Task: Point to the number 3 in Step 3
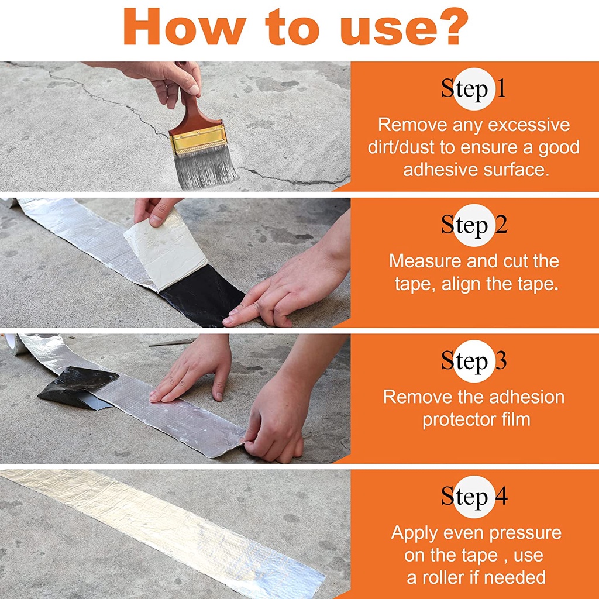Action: pos(501,360)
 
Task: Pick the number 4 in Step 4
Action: pos(501,496)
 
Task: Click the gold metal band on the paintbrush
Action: pos(199,138)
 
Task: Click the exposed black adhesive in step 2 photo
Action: pos(203,296)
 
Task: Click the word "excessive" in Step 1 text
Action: pos(529,125)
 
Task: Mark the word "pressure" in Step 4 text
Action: pos(525,533)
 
